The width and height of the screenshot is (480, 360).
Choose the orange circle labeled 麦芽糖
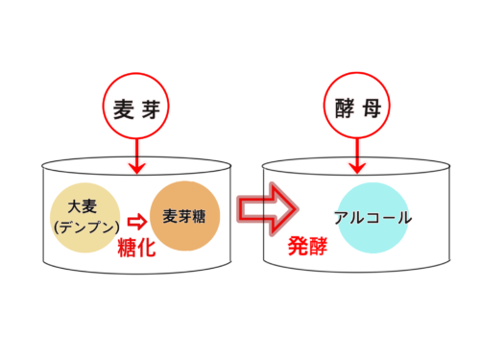click(x=183, y=215)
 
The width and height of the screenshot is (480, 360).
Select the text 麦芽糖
click(x=183, y=216)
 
